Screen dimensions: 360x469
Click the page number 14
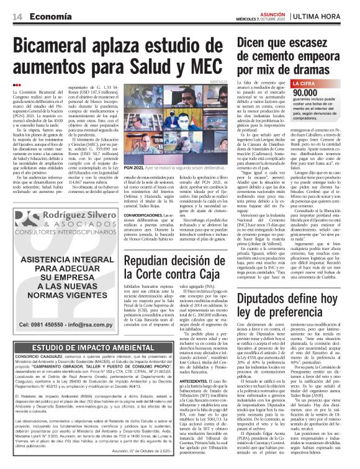click(17, 7)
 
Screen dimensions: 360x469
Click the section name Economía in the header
click(52, 7)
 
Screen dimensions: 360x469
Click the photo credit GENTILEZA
click(220, 81)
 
